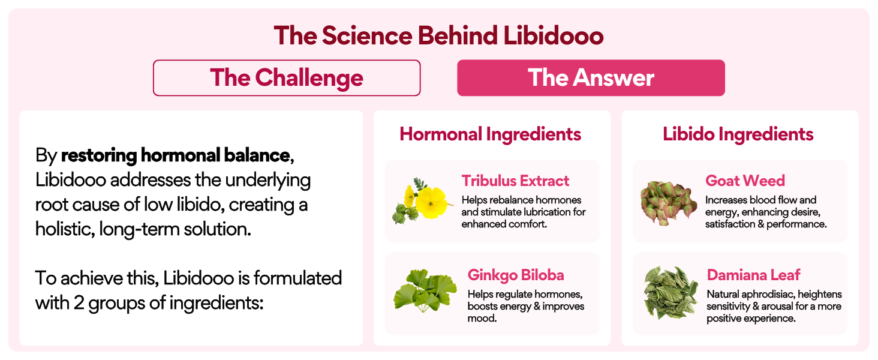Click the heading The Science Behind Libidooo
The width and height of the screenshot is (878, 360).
click(438, 36)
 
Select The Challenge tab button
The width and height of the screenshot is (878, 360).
click(287, 78)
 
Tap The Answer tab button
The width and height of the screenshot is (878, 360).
click(591, 78)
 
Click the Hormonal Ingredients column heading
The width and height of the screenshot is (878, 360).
click(491, 134)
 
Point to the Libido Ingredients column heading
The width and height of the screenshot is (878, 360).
click(738, 134)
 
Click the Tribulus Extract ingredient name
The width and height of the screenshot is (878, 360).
click(515, 181)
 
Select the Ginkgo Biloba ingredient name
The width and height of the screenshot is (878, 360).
click(516, 275)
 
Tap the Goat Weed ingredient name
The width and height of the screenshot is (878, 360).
click(745, 181)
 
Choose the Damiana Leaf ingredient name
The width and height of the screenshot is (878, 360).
click(753, 275)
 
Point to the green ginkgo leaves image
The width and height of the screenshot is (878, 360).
click(423, 291)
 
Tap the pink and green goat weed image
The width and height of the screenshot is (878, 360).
click(668, 200)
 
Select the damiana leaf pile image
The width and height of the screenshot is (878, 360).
click(670, 292)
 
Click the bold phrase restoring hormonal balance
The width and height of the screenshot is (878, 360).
click(175, 156)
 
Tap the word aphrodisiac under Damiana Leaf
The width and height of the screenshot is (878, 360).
click(766, 295)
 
